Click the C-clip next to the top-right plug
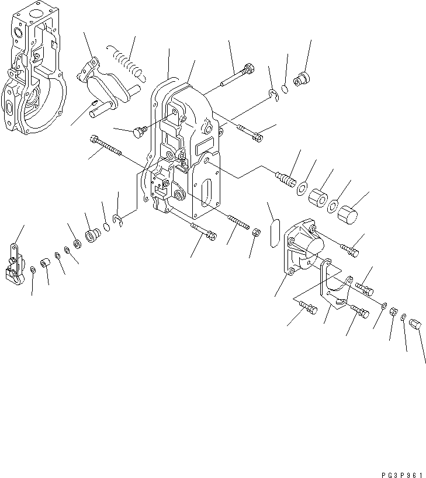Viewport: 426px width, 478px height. click(x=273, y=94)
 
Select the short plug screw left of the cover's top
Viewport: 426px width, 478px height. click(x=138, y=133)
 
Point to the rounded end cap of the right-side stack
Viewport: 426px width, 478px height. click(x=348, y=213)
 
